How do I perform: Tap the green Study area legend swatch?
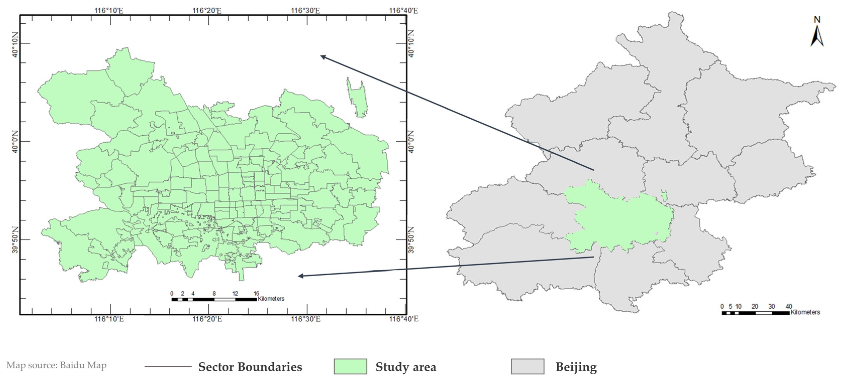(350, 366)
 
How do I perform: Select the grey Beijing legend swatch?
(527, 366)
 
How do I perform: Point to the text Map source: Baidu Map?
(57, 365)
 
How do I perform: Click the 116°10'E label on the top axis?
(109, 11)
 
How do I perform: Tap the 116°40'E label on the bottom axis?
(404, 319)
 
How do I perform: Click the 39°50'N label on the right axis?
(411, 240)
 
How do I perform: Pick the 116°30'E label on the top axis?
(305, 11)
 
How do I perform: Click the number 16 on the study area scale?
(256, 293)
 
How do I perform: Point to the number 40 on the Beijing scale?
(789, 306)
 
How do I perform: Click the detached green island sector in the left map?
(357, 98)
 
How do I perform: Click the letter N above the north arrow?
(817, 20)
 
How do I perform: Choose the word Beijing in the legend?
(576, 367)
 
